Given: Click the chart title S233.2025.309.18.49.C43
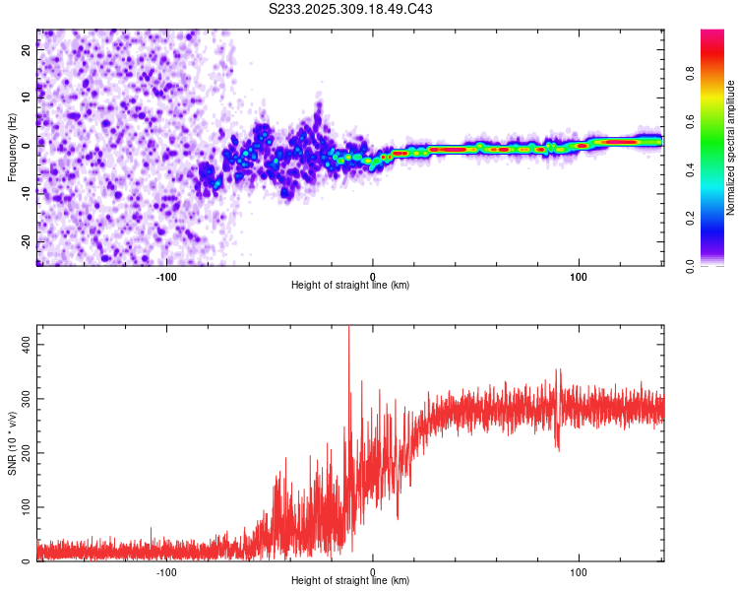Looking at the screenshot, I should (351, 9).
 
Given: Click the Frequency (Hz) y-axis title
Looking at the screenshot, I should (13, 148).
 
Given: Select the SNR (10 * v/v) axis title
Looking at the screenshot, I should (13, 444).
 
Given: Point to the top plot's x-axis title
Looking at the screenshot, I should (350, 285).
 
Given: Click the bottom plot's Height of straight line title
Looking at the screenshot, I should (350, 580).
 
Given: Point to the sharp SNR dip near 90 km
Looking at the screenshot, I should (558, 448).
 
